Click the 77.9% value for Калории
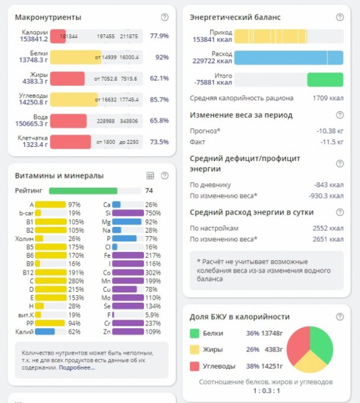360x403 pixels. [159, 36]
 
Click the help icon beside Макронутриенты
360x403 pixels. [165, 18]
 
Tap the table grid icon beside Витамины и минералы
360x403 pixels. [150, 175]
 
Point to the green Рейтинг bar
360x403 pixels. [83, 191]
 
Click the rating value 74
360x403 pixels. [149, 191]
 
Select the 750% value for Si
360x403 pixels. [152, 213]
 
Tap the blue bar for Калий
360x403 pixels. [44, 332]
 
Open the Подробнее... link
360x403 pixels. [76, 367]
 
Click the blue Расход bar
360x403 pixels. [288, 57]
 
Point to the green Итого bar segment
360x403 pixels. [325, 79]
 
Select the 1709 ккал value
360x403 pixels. [327, 98]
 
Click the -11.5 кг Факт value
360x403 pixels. [332, 142]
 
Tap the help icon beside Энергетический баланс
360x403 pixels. [340, 18]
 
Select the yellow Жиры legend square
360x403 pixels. [194, 350]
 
